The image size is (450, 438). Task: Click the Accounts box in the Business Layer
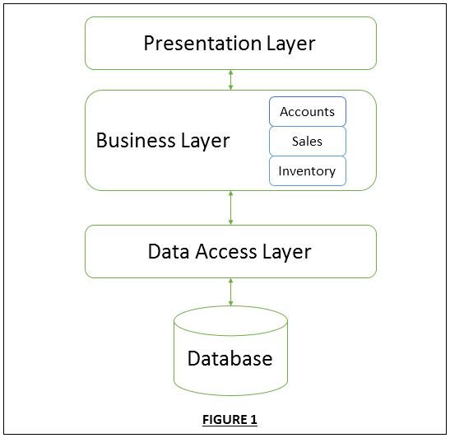(308, 112)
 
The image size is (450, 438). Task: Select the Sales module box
(308, 142)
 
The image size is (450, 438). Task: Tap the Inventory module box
(308, 171)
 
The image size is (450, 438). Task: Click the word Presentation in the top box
(197, 44)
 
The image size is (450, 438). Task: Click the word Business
(137, 141)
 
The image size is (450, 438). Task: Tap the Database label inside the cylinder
(230, 359)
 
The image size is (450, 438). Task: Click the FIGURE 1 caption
(230, 420)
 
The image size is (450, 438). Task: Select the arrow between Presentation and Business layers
(231, 80)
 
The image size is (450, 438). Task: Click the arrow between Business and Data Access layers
(231, 207)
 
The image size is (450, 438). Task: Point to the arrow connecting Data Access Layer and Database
(231, 292)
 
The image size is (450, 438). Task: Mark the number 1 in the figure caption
(253, 420)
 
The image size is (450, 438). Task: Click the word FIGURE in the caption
(224, 420)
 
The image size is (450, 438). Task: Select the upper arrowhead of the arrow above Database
(231, 281)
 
